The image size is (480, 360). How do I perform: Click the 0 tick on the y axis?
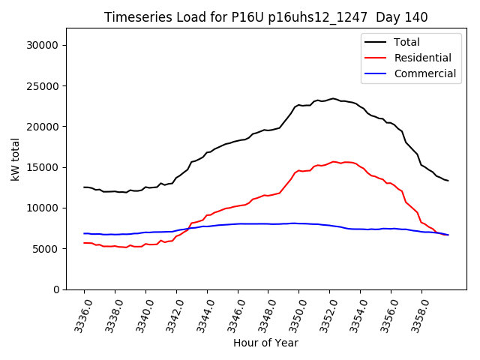click(57, 289)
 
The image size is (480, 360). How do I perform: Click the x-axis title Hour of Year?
click(265, 343)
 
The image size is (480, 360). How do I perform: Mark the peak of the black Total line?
click(333, 98)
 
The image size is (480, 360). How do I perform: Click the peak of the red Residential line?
click(333, 161)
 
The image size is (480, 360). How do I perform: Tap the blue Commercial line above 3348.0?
click(268, 223)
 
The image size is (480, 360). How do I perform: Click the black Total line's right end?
click(448, 181)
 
